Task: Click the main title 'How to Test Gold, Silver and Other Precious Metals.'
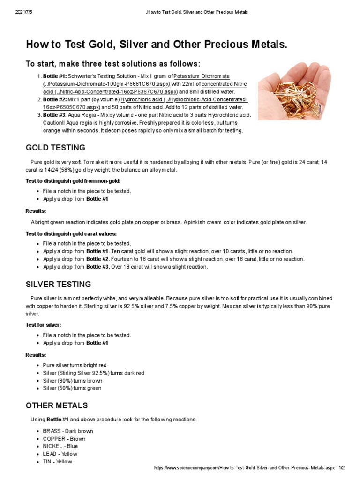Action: (156, 45)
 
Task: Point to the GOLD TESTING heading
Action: (55, 148)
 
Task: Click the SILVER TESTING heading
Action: (58, 285)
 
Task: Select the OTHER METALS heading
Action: (56, 405)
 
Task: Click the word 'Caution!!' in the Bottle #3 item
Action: (55, 123)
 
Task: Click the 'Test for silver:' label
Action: (43, 325)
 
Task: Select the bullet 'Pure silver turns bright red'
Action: (75, 365)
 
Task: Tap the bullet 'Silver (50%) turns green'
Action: (72, 388)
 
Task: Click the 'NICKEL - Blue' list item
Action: (60, 446)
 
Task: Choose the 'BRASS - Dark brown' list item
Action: (67, 431)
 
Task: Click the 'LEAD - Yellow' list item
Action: (60, 454)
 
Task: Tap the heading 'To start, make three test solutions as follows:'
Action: (112, 64)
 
